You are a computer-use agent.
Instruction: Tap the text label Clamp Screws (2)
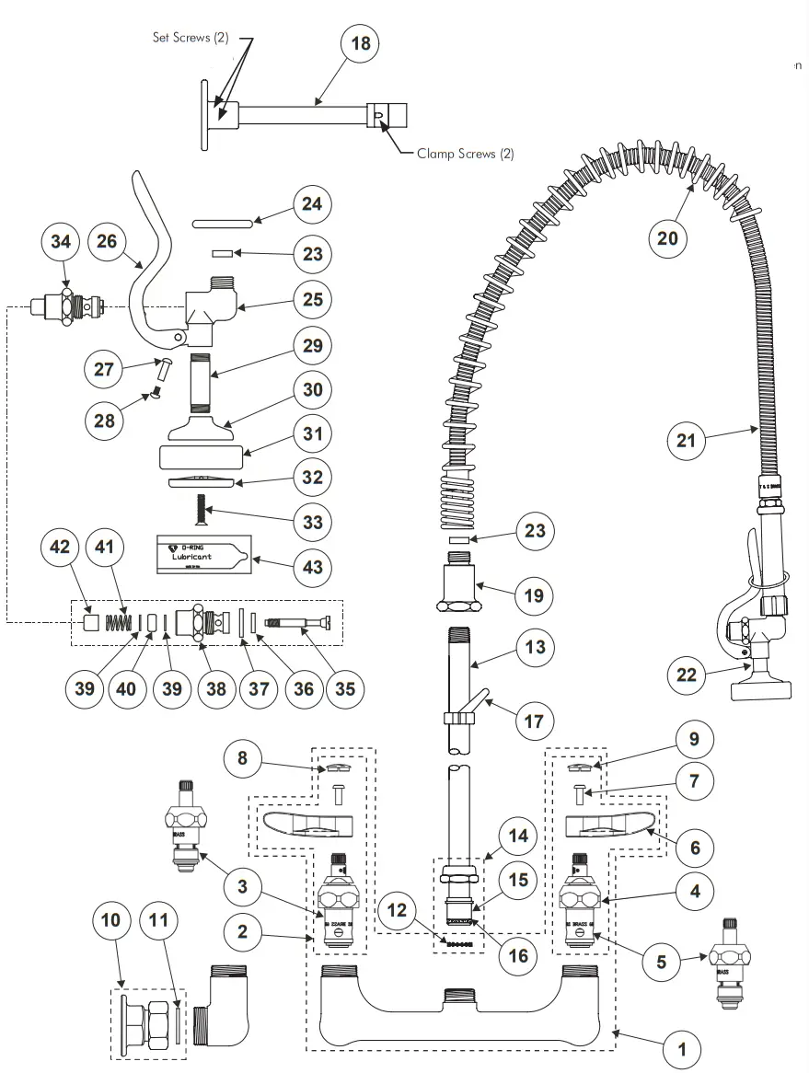[x=465, y=154]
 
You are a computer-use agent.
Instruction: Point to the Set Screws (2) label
[x=190, y=38]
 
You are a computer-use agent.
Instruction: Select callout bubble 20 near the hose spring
[x=667, y=238]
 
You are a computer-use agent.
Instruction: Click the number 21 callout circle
[x=687, y=441]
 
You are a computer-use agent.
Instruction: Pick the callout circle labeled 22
[x=687, y=675]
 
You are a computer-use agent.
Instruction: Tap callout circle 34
[x=62, y=243]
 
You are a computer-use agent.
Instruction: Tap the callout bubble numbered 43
[x=313, y=566]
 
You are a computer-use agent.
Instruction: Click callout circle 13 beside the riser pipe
[x=534, y=647]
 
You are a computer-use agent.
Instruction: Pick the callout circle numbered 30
[x=313, y=389]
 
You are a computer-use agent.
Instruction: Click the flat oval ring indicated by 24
[x=223, y=222]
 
